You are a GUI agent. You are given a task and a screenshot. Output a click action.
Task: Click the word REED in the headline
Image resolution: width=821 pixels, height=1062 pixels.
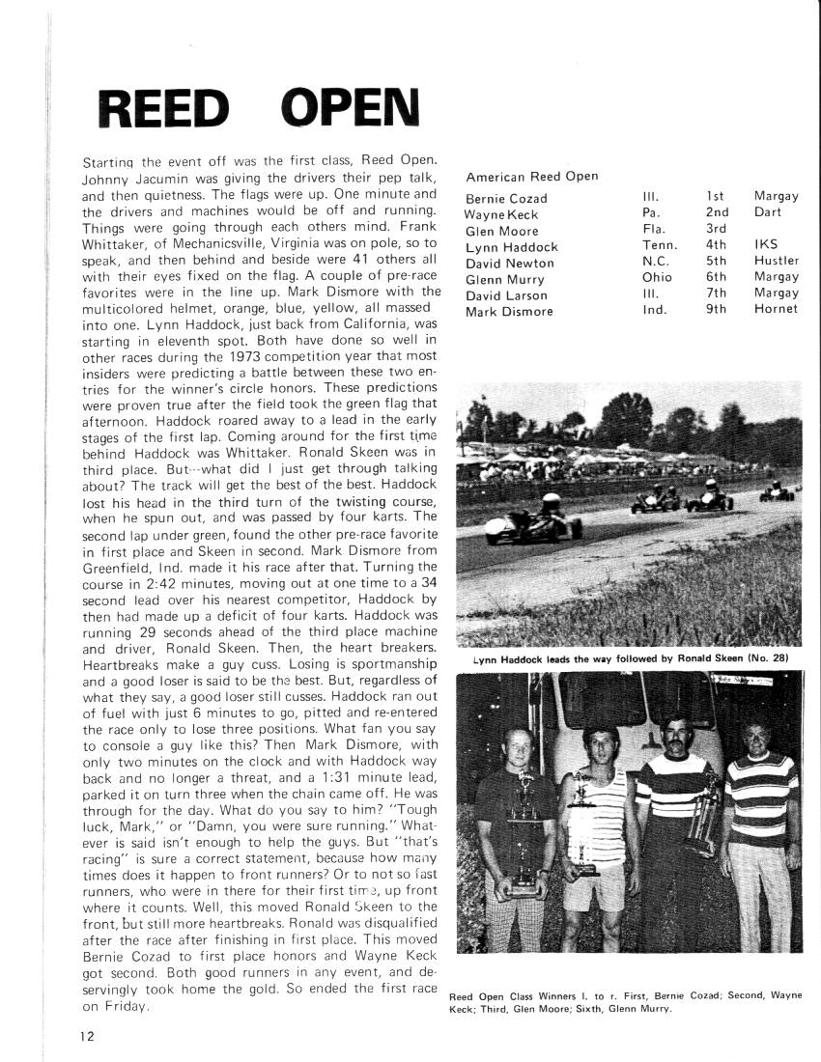click(x=165, y=112)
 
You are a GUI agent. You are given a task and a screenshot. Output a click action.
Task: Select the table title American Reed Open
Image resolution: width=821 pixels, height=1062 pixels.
click(x=531, y=177)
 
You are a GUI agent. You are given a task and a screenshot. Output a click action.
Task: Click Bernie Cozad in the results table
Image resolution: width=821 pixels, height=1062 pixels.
click(x=506, y=198)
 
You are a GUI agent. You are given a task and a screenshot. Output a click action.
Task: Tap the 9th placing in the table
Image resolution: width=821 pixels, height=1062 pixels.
click(x=716, y=309)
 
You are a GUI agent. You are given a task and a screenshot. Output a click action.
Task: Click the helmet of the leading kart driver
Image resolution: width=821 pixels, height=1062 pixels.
click(x=551, y=503)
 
